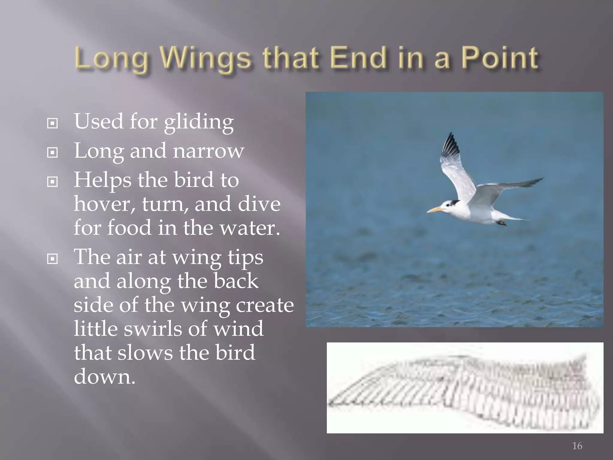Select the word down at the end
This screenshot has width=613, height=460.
tap(104, 376)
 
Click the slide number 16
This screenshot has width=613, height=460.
tap(577, 446)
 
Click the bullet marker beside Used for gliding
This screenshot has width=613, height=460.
tap(52, 123)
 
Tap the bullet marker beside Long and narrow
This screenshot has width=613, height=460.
tap(52, 152)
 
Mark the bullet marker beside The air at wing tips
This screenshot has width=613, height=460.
tap(52, 259)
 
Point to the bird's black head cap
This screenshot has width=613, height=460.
tap(453, 203)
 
